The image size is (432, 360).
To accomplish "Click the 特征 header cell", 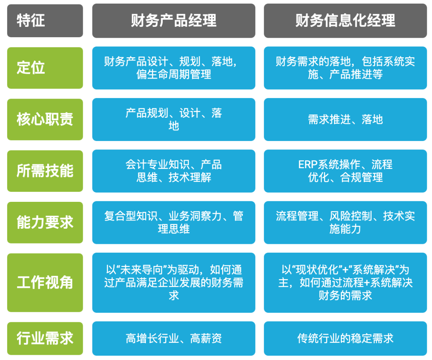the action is pos(45,21).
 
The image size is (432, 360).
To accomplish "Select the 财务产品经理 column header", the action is pos(174,21).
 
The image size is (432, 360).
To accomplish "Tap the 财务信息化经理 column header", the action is pos(345,21).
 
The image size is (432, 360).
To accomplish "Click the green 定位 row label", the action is pos(45,68).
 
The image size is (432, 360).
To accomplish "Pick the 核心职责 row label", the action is pos(45,119).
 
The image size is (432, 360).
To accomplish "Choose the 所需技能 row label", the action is pos(45,171).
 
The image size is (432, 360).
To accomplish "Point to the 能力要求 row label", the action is pos(45,223).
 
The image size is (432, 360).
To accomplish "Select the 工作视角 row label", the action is pos(45,283).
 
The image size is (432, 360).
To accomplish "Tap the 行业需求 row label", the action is pos(45,338).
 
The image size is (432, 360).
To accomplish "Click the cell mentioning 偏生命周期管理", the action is pos(174,68).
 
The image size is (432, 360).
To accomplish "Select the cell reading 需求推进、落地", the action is pos(345,119).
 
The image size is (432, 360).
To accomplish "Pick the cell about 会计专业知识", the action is pos(174,171).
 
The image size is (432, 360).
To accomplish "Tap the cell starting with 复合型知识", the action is pos(174,223).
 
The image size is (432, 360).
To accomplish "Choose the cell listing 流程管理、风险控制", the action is pos(345,223).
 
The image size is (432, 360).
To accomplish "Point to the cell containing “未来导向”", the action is pos(174,283).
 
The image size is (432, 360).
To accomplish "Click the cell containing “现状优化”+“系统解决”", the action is pos(345,283).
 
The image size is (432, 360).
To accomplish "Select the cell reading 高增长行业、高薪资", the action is pos(174,338).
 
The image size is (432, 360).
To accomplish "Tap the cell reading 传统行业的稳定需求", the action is pos(345,338).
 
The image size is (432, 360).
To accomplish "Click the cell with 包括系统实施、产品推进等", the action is pos(345,68).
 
